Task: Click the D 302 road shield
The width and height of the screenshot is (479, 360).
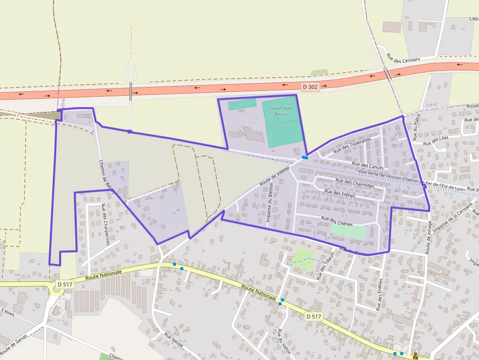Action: click(x=310, y=87)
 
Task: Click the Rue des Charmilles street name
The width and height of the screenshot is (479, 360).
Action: click(x=355, y=183)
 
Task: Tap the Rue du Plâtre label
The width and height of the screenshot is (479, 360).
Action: click(x=416, y=130)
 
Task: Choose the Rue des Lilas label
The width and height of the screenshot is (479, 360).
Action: click(x=436, y=141)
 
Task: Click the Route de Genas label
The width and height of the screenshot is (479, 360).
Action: click(x=13, y=345)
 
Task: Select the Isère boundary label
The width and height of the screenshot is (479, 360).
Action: click(x=432, y=105)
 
